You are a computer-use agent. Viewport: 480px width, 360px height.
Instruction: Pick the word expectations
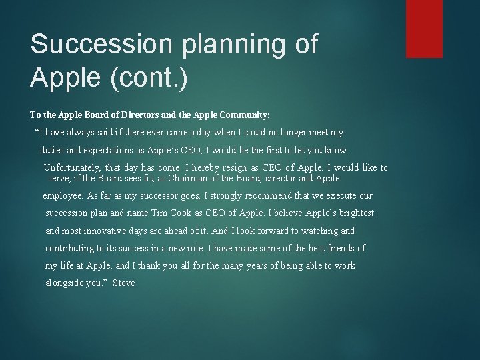point(116,150)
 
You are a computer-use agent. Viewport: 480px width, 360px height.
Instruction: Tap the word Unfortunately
point(73,167)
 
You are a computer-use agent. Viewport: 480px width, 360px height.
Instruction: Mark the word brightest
point(355,213)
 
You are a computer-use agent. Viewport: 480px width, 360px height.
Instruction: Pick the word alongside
point(65,283)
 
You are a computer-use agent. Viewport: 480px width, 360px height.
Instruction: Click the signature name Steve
point(124,283)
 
